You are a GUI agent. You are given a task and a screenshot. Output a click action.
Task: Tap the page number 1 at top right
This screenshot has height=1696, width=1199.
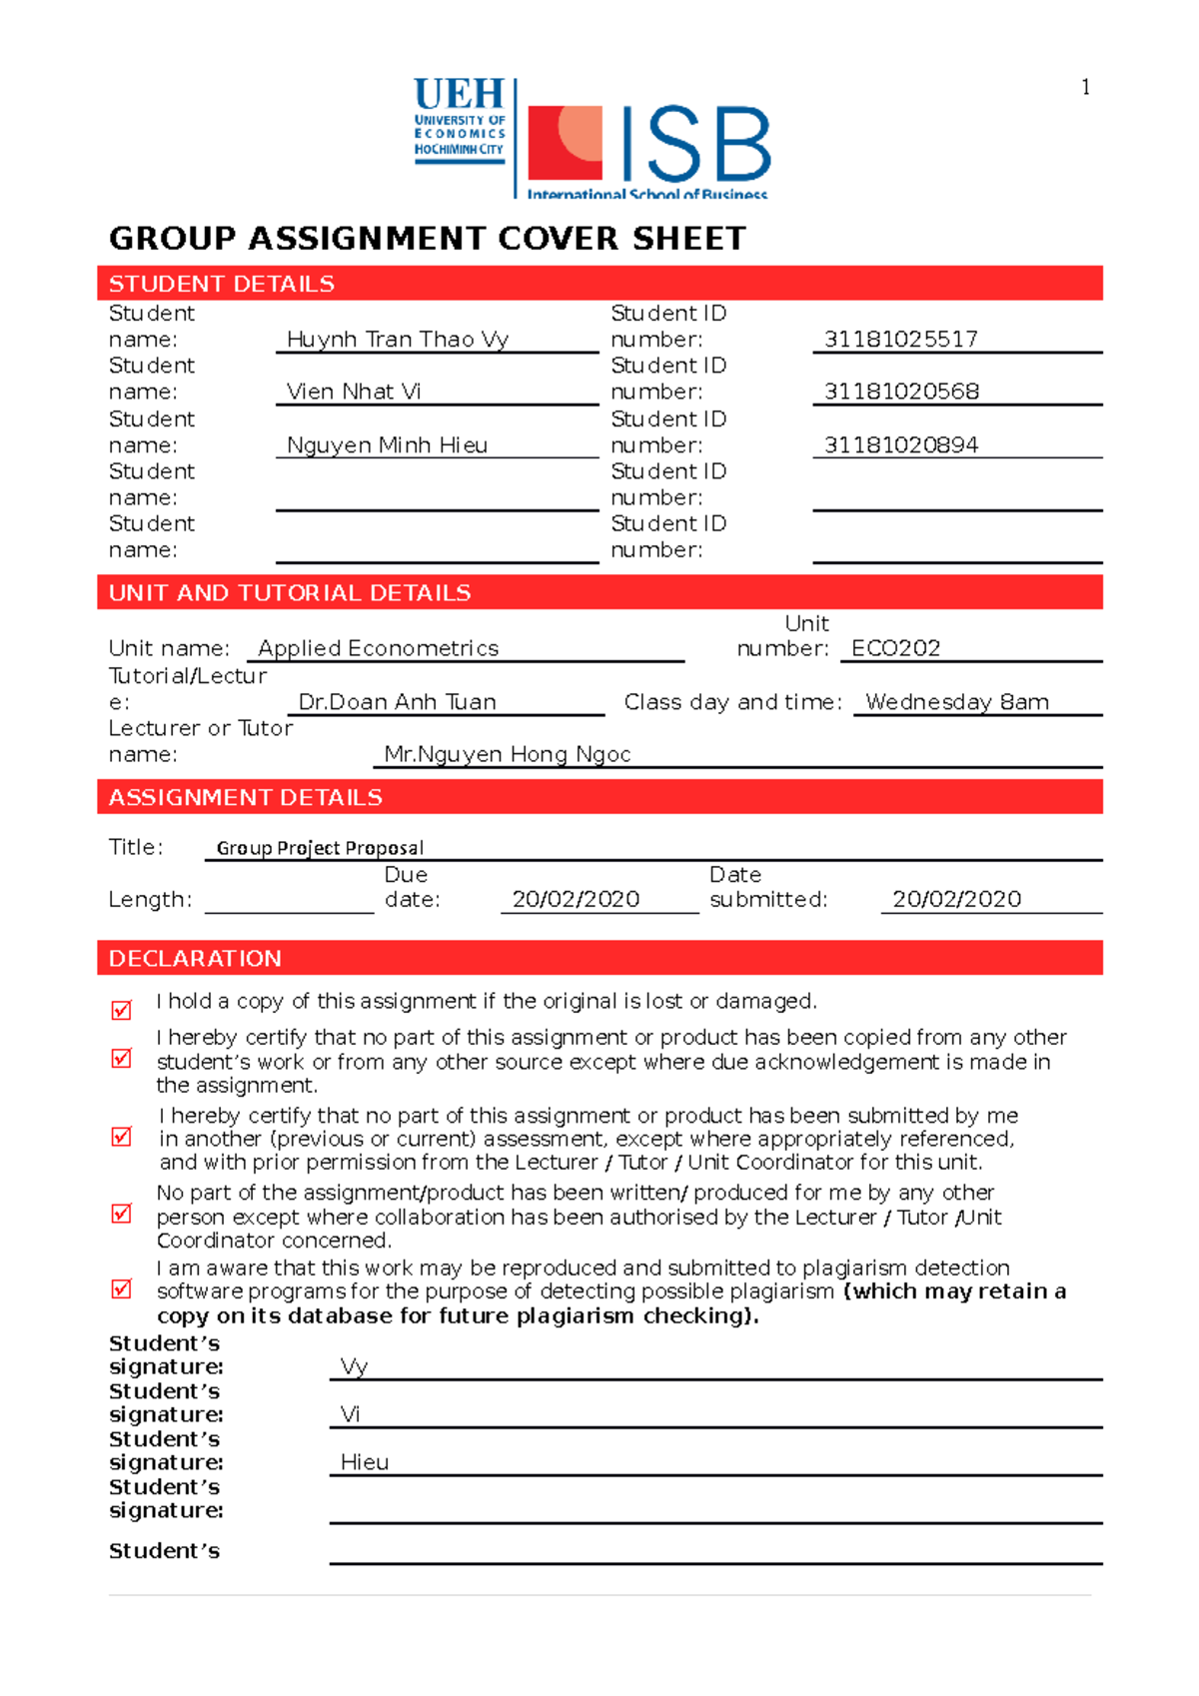click(1085, 88)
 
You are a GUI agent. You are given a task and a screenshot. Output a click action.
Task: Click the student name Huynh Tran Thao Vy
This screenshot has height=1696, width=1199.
click(398, 340)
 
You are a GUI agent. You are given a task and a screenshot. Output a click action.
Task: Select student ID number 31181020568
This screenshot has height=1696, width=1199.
click(901, 392)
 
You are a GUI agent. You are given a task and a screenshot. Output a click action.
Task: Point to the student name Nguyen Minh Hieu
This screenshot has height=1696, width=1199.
click(387, 445)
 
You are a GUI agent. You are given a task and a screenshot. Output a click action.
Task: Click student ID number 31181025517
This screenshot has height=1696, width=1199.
click(900, 340)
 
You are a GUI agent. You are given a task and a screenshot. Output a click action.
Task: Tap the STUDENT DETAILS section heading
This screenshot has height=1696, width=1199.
click(222, 284)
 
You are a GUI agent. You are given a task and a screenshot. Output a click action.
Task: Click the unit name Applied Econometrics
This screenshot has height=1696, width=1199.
click(378, 648)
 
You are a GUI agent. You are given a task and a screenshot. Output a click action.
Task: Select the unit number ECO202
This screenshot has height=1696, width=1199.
click(895, 648)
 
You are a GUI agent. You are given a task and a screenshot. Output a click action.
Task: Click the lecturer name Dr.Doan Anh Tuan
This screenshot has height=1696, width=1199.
click(397, 702)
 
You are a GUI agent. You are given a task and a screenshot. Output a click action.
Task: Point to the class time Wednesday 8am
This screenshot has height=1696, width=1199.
click(956, 702)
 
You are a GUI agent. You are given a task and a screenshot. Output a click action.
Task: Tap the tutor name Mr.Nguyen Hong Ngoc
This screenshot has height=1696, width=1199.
click(507, 754)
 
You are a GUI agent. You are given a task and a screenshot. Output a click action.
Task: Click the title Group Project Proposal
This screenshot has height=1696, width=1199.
click(320, 848)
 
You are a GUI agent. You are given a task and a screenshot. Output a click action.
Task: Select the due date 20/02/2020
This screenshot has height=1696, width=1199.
click(576, 899)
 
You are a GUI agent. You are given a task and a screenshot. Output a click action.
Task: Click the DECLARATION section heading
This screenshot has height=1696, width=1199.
click(195, 959)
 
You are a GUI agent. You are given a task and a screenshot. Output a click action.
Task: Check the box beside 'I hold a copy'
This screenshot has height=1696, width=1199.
click(122, 1010)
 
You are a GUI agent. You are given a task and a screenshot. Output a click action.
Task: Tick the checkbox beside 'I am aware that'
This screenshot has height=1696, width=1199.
click(122, 1288)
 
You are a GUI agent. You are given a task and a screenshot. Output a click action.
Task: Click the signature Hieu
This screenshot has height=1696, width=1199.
click(365, 1462)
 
